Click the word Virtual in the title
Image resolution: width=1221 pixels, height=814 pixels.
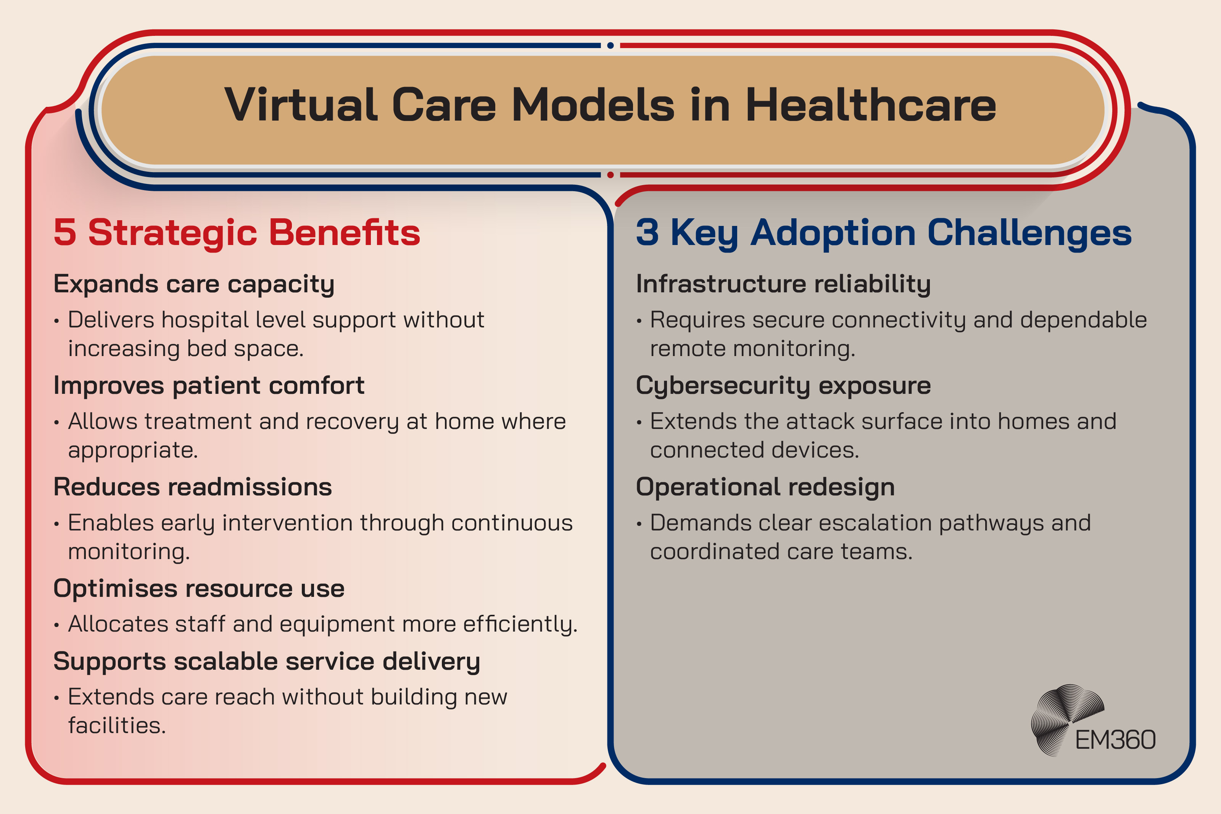(301, 105)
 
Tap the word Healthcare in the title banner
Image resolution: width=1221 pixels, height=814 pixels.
(870, 105)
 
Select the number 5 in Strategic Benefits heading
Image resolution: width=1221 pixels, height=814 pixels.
(65, 232)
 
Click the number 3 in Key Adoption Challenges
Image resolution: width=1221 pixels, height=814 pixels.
(647, 232)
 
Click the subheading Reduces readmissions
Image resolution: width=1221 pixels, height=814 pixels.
(193, 487)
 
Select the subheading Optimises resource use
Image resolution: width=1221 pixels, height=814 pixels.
(199, 589)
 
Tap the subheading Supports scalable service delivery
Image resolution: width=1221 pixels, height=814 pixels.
(267, 661)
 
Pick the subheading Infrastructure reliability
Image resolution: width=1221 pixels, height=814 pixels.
(783, 284)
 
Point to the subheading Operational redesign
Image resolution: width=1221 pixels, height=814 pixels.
(765, 487)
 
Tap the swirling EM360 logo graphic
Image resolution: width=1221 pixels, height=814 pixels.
(1064, 716)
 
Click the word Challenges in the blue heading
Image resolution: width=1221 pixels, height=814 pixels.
(1029, 232)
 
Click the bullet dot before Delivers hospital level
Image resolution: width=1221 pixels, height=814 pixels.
(56, 321)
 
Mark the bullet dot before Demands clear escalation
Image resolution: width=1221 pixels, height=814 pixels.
(639, 524)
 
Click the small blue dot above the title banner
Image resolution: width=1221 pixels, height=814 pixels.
(610, 46)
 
